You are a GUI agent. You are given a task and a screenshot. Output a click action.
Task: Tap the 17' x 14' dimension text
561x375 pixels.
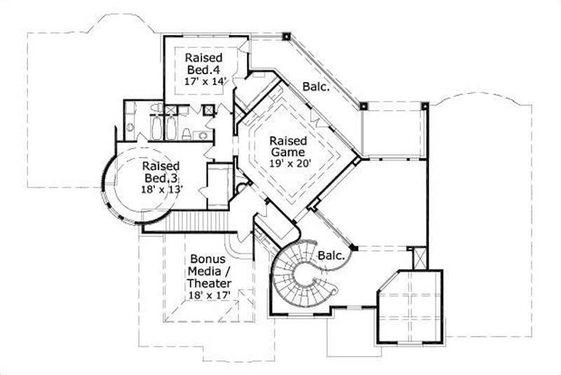click(203, 81)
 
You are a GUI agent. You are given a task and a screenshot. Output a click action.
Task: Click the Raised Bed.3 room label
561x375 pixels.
click(161, 172)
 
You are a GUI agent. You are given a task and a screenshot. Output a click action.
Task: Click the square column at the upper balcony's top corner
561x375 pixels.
click(286, 35)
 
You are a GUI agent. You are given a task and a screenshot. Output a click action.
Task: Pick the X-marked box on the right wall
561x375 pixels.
click(420, 257)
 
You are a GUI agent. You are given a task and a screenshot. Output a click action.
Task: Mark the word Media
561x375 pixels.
click(201, 271)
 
